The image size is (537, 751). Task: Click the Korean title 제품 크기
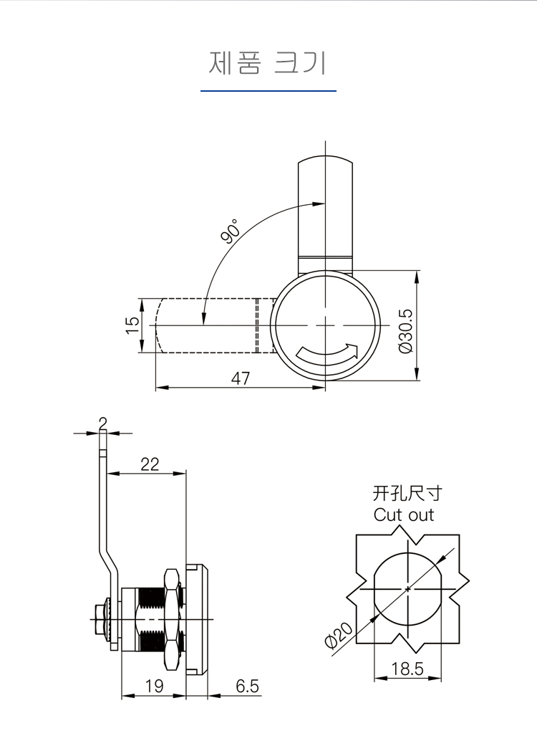(268, 62)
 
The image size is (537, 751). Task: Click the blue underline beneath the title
(268, 91)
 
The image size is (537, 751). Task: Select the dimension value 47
(241, 378)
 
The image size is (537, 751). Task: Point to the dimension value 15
(132, 325)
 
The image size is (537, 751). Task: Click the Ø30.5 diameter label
(405, 330)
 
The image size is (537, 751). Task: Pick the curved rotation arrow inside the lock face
(326, 352)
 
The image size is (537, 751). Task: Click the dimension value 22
(150, 464)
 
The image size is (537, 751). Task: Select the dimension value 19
(154, 686)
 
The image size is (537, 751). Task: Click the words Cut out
(404, 515)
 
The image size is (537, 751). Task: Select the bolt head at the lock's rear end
(98, 614)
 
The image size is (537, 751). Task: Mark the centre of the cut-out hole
(408, 589)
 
